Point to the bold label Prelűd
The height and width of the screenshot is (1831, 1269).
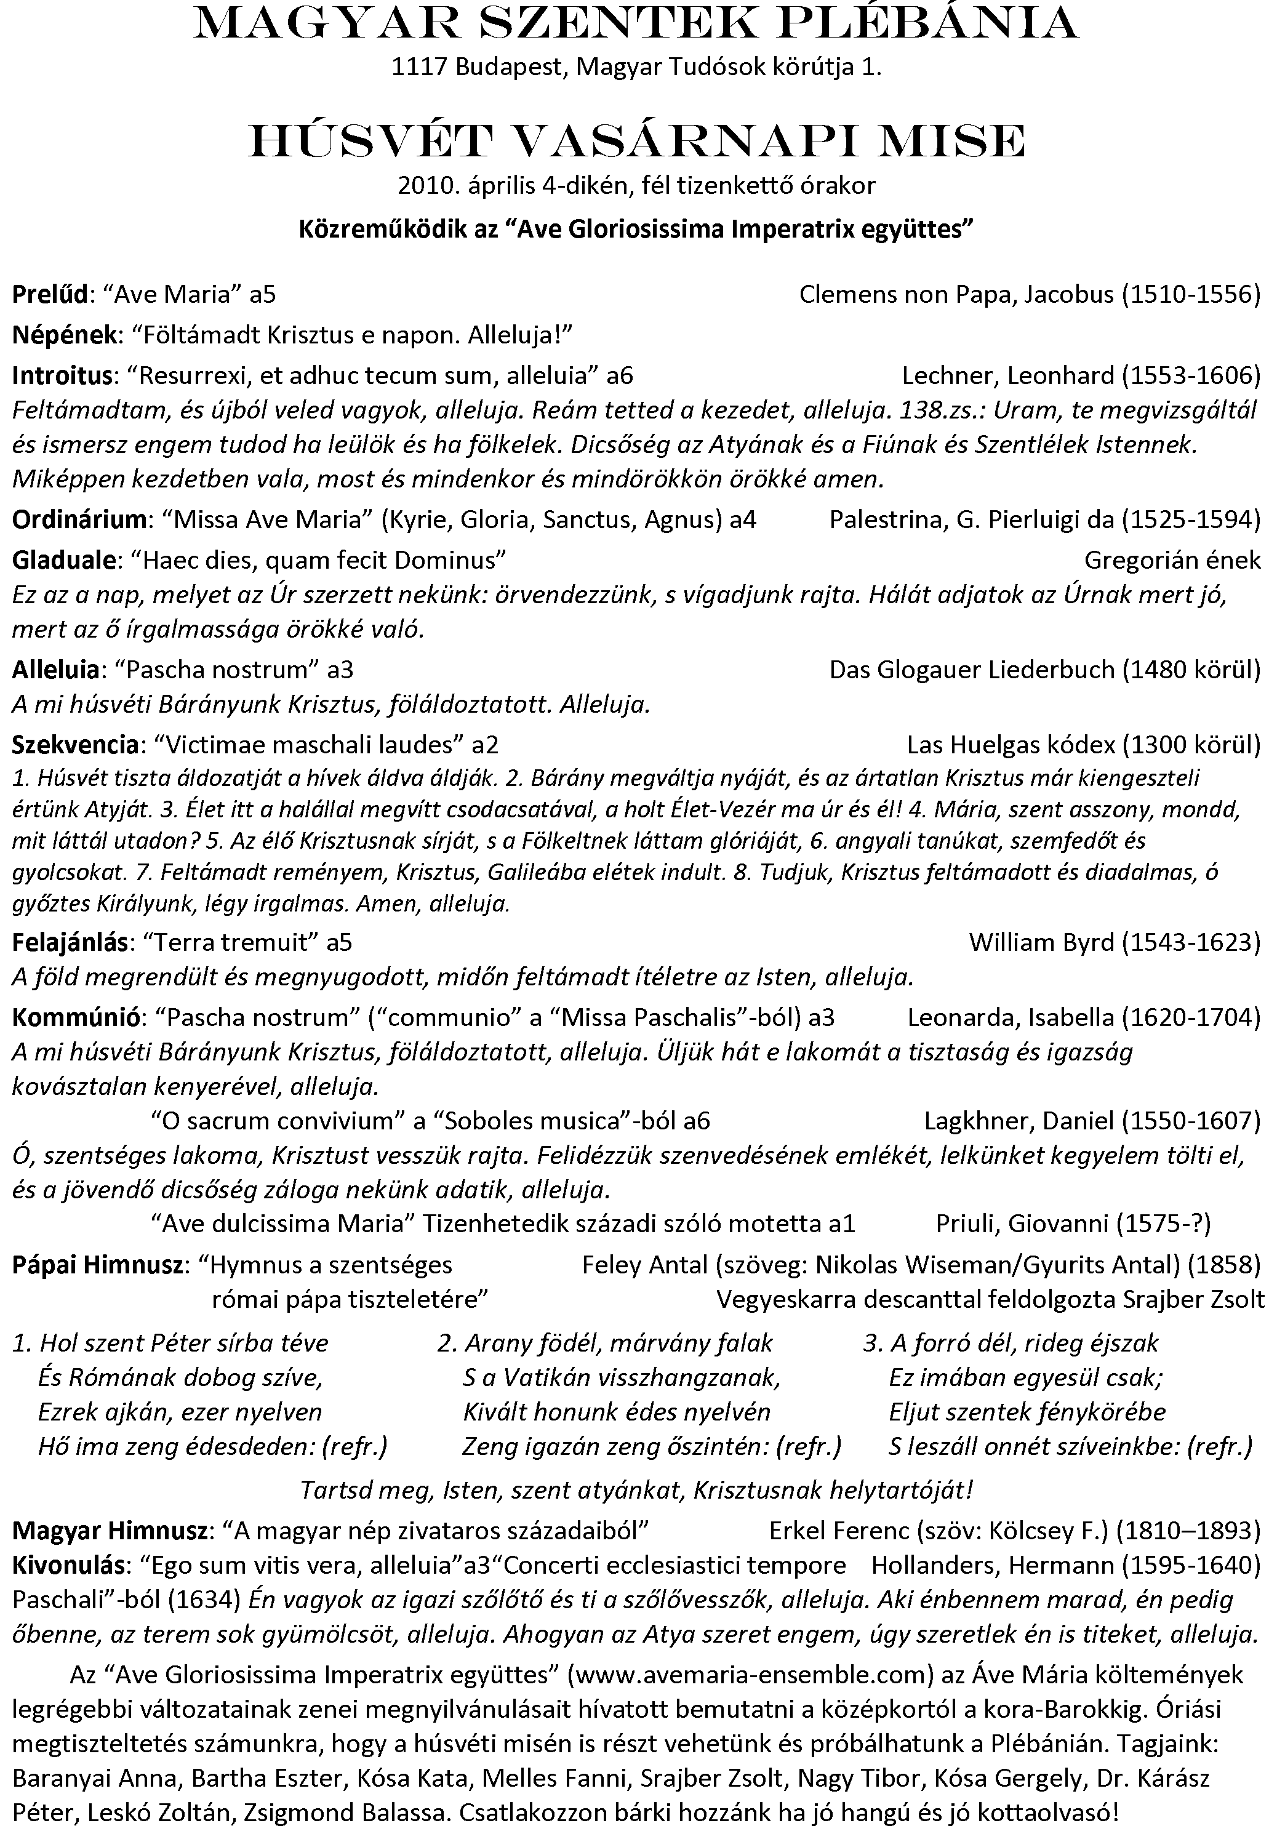click(49, 295)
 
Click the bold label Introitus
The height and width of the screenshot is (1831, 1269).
click(62, 375)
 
